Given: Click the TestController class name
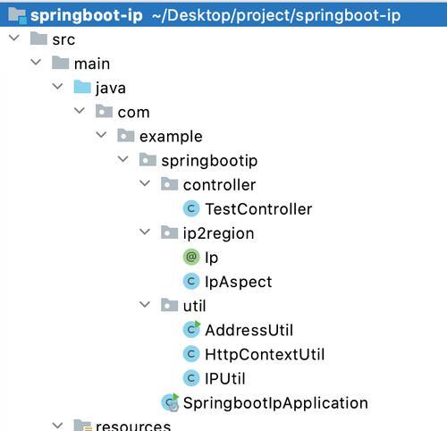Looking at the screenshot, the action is pos(258,209).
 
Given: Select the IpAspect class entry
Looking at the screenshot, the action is pos(239,282).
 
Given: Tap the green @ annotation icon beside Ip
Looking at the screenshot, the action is pos(191,257).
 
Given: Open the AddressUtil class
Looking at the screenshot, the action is pos(249,330).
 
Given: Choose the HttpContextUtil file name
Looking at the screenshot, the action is pos(265,354).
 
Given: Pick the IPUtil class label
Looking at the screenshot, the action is pos(225,378).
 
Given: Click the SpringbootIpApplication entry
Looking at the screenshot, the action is pos(275,403).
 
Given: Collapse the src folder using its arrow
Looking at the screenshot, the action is pos(14,38).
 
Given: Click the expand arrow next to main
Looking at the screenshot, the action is pos(36,62).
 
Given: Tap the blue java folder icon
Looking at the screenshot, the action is pos(82,87).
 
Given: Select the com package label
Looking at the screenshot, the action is pos(133,113).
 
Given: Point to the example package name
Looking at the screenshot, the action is pos(171,137).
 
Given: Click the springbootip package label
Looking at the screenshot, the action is pos(209,161).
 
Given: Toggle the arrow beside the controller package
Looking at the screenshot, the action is pos(145,183).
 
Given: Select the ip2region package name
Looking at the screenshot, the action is pos(218,233).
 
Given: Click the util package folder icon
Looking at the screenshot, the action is pos(169,305).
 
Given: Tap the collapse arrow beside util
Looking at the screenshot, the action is pos(145,304).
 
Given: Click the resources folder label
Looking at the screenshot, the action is pos(133,426).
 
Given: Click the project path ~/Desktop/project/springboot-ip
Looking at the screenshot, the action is pos(276,15).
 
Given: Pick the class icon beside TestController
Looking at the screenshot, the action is pos(191,208).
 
